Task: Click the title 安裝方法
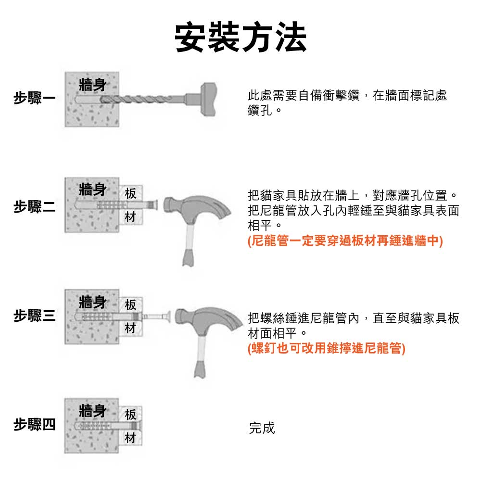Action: pos(241,38)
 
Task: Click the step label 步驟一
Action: pos(35,98)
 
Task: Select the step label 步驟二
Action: pos(35,206)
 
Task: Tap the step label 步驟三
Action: pos(35,316)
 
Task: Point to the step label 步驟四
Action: pos(35,425)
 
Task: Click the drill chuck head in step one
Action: pos(208,100)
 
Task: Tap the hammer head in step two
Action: pos(196,209)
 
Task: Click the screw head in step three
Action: pos(168,316)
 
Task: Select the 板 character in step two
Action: pos(130,193)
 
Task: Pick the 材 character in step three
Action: pos(130,328)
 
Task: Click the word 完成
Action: pos(262,428)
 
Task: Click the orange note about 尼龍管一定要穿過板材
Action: pos(345,240)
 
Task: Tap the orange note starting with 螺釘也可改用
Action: pos(327,348)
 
